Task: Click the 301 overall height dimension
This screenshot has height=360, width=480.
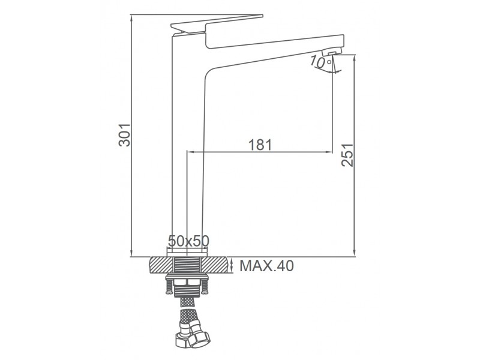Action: click(125, 135)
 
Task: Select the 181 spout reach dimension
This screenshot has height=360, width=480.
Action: click(260, 145)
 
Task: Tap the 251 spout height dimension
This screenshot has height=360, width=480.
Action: click(347, 155)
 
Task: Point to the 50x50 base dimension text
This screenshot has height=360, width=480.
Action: click(188, 241)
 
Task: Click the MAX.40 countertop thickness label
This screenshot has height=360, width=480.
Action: click(266, 266)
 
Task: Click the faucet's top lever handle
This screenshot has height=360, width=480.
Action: click(217, 23)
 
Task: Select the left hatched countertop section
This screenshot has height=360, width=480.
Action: click(161, 265)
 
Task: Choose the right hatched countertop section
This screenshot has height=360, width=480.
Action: click(214, 265)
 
